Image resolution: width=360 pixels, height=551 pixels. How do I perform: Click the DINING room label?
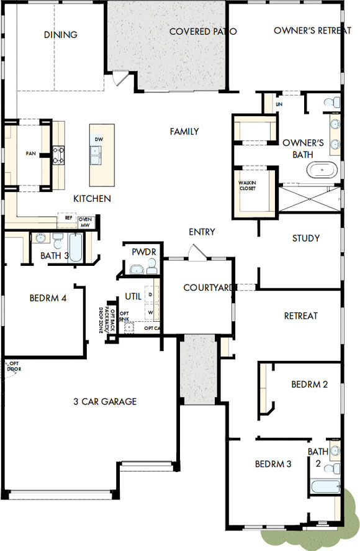(x=61, y=35)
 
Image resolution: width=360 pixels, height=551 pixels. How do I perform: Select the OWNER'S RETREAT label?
(x=312, y=30)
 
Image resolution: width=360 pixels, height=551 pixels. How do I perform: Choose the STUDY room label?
(x=306, y=238)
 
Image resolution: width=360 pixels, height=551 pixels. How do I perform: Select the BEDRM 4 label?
(x=48, y=298)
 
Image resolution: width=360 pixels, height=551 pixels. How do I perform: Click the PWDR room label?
(x=142, y=252)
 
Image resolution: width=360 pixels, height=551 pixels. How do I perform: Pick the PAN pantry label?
(x=30, y=153)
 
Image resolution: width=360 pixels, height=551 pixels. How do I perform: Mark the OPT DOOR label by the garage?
(x=14, y=366)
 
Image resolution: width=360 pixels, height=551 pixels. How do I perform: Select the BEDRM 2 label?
(x=309, y=385)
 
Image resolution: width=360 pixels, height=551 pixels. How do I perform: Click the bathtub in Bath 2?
(x=325, y=485)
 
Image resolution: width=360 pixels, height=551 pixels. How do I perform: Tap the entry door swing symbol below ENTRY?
(x=197, y=252)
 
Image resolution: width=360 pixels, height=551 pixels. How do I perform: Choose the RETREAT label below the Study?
(x=300, y=316)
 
